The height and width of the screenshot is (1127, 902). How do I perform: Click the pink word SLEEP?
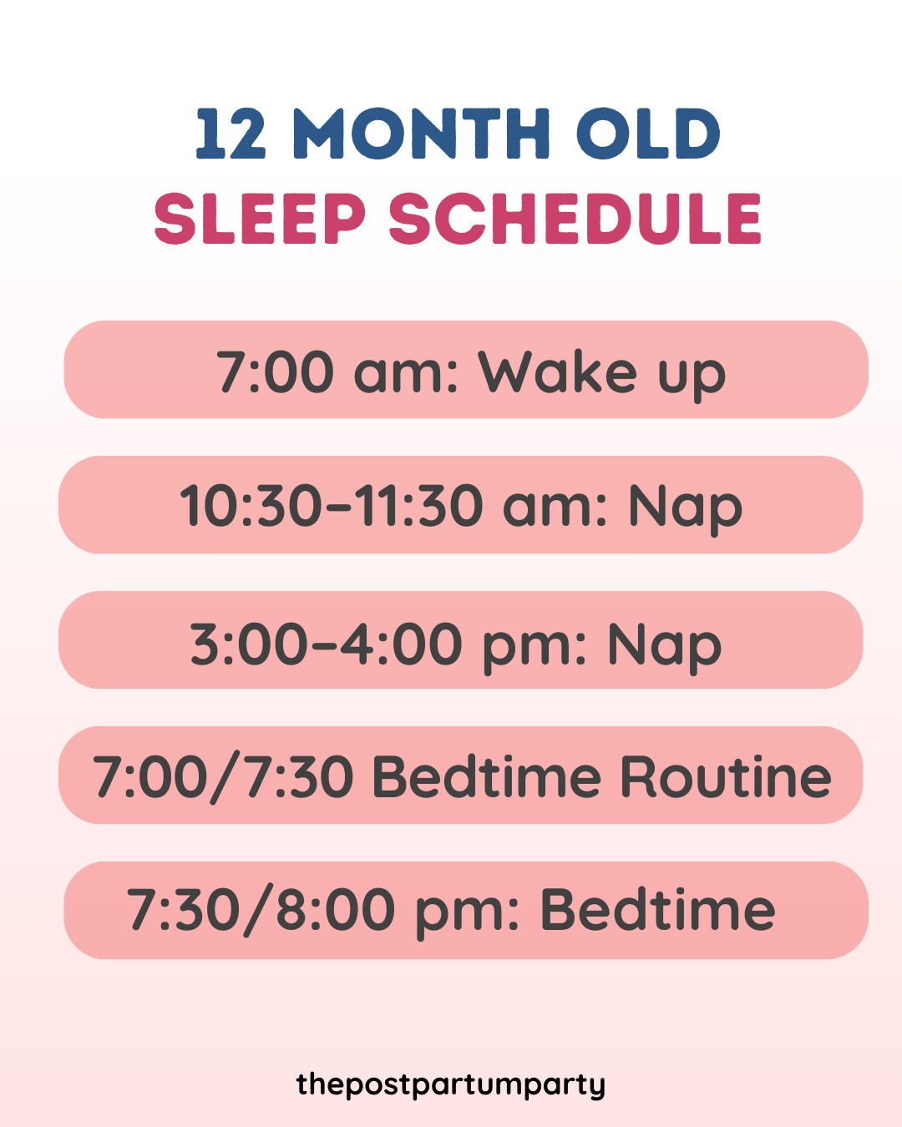pos(260,219)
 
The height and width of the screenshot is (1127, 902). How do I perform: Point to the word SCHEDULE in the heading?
pos(575,219)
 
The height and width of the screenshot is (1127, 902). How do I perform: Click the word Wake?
pos(558,371)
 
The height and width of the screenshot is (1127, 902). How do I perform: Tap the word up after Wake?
pos(692,375)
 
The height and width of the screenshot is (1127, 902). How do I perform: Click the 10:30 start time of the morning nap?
pos(251,506)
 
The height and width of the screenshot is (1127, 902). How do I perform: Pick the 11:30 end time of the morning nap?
pos(420,506)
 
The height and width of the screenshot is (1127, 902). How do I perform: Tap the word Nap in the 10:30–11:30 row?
pos(685,508)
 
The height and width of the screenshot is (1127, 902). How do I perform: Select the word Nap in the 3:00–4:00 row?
pos(664,646)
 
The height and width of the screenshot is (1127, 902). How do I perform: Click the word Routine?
pos(725,777)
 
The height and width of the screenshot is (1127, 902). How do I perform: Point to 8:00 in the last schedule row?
pos(335,910)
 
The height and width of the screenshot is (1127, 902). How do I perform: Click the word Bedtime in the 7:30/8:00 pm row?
pos(658,910)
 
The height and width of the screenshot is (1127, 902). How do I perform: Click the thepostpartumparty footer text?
pos(451,1084)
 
